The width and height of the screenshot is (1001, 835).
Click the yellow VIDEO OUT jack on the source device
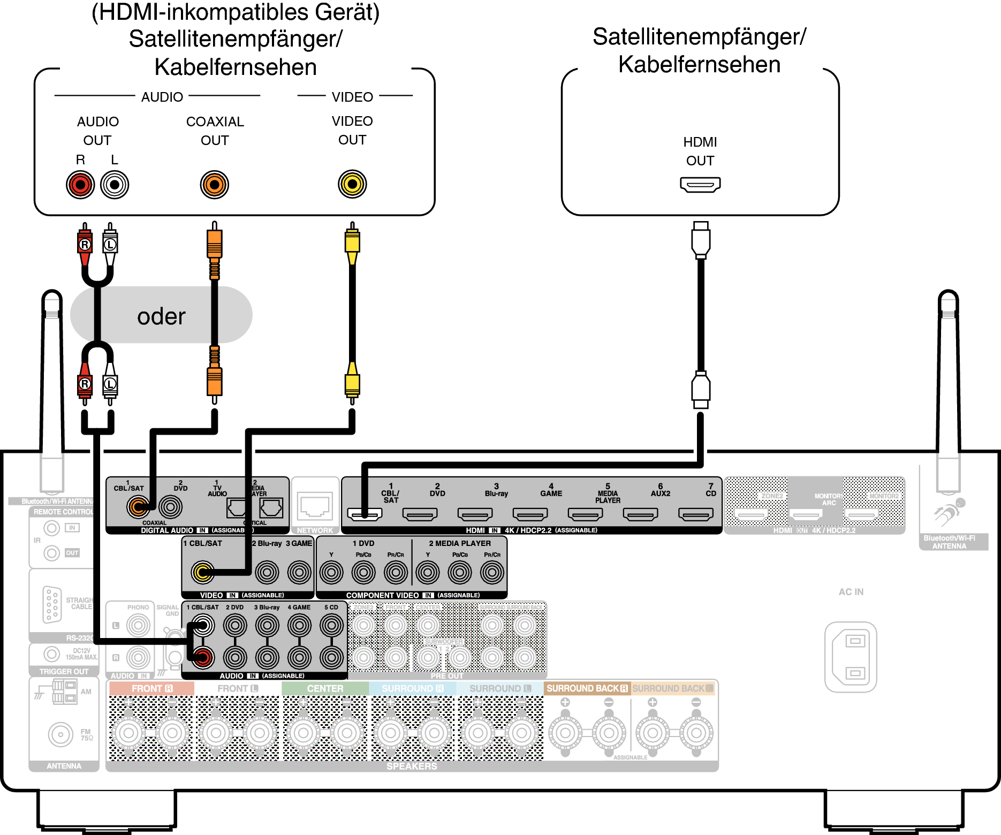coord(352,184)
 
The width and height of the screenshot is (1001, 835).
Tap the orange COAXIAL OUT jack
coord(215,185)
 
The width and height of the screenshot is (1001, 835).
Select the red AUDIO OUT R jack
coord(80,185)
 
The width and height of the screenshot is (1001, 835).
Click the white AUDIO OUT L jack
coord(115,185)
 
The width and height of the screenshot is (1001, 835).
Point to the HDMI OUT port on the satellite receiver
coord(700,185)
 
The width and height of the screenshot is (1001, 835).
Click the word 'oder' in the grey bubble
coord(161,316)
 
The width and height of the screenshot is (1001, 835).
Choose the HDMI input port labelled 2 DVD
coord(420,514)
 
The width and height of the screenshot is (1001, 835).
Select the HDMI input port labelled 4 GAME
coord(530,514)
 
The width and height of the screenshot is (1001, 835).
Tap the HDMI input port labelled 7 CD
coord(695,514)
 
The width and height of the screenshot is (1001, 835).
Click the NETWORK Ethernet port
coord(315,506)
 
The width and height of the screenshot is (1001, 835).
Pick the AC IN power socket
coord(851,657)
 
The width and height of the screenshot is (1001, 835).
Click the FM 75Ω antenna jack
coord(60,734)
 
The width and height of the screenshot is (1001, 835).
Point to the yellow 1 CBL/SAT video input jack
coord(203,572)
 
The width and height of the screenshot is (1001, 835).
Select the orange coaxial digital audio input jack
coord(138,506)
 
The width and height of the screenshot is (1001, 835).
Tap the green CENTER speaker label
coord(325,688)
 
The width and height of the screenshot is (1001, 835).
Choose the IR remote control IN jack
coord(52,528)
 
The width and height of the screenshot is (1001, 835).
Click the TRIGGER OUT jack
coord(52,654)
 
